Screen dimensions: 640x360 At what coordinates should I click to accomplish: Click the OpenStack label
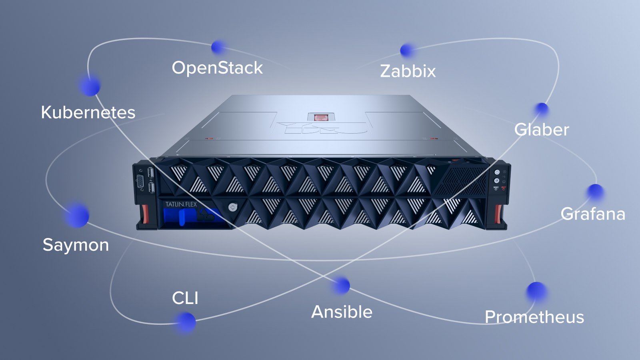(217, 68)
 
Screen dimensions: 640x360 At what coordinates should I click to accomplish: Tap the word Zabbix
(408, 71)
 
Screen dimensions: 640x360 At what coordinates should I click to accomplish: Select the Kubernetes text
(88, 112)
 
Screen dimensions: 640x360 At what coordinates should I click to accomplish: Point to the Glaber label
(542, 130)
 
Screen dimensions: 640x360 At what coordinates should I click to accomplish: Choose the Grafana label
(593, 214)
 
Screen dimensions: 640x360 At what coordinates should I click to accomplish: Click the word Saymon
(76, 245)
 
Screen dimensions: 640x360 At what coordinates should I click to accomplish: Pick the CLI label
(185, 298)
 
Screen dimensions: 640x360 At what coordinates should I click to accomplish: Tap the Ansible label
(342, 312)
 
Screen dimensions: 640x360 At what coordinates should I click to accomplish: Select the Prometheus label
(534, 317)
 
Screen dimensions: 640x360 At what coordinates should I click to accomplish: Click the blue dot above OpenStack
(218, 47)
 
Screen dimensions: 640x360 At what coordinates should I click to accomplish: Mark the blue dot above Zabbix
(407, 50)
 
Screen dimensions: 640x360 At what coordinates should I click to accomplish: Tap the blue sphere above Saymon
(77, 216)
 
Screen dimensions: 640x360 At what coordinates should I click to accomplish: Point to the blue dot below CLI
(186, 322)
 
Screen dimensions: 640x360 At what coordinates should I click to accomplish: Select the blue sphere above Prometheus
(536, 292)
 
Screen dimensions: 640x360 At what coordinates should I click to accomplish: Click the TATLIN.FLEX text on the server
(181, 204)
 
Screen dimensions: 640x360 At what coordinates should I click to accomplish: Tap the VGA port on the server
(140, 182)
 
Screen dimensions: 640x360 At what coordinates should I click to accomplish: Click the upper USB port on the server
(151, 173)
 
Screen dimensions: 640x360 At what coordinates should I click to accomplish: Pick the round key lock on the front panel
(233, 207)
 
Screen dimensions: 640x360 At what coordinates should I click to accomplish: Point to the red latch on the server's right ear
(499, 214)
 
